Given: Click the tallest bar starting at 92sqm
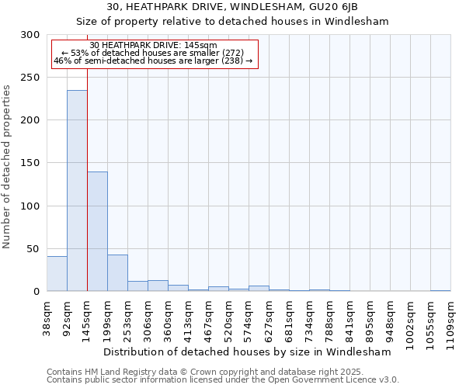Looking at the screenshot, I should coord(77,190).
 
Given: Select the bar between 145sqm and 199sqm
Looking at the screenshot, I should coord(97,231).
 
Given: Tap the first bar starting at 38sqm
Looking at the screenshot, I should coord(57,273).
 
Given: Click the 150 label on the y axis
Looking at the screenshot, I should coord(31,163).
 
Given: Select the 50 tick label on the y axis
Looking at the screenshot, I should coord(34,248).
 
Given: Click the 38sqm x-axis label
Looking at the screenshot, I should coord(47,314).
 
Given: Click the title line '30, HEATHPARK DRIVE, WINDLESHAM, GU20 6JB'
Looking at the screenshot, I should coord(232,7).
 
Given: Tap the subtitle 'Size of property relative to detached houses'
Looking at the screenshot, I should coord(232,21).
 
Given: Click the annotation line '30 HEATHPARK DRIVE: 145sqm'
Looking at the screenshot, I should coord(154,45).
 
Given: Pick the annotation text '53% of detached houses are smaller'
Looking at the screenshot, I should coord(152,53).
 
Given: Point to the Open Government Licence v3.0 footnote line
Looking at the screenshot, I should coord(223,379).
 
